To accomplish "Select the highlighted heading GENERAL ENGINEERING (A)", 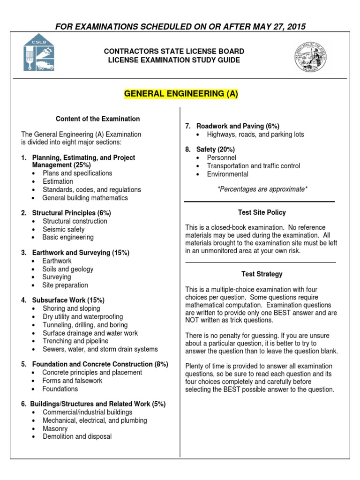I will (x=181, y=94).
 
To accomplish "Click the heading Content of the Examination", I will (x=97, y=119).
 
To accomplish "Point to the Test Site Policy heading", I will (x=262, y=212).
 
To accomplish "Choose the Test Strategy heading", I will (x=262, y=274).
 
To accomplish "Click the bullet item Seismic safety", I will (x=63, y=229).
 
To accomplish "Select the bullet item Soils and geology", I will (x=68, y=269).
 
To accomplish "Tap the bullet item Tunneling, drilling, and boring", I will (x=85, y=325).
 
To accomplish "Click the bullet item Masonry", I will (x=55, y=428).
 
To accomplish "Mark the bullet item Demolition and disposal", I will (x=77, y=436).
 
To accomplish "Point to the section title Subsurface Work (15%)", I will (x=68, y=300).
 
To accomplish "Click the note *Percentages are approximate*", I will (x=262, y=188).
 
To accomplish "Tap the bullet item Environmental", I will (x=228, y=174).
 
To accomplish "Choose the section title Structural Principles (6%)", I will (x=71, y=213).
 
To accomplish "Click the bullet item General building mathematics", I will (x=85, y=198).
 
